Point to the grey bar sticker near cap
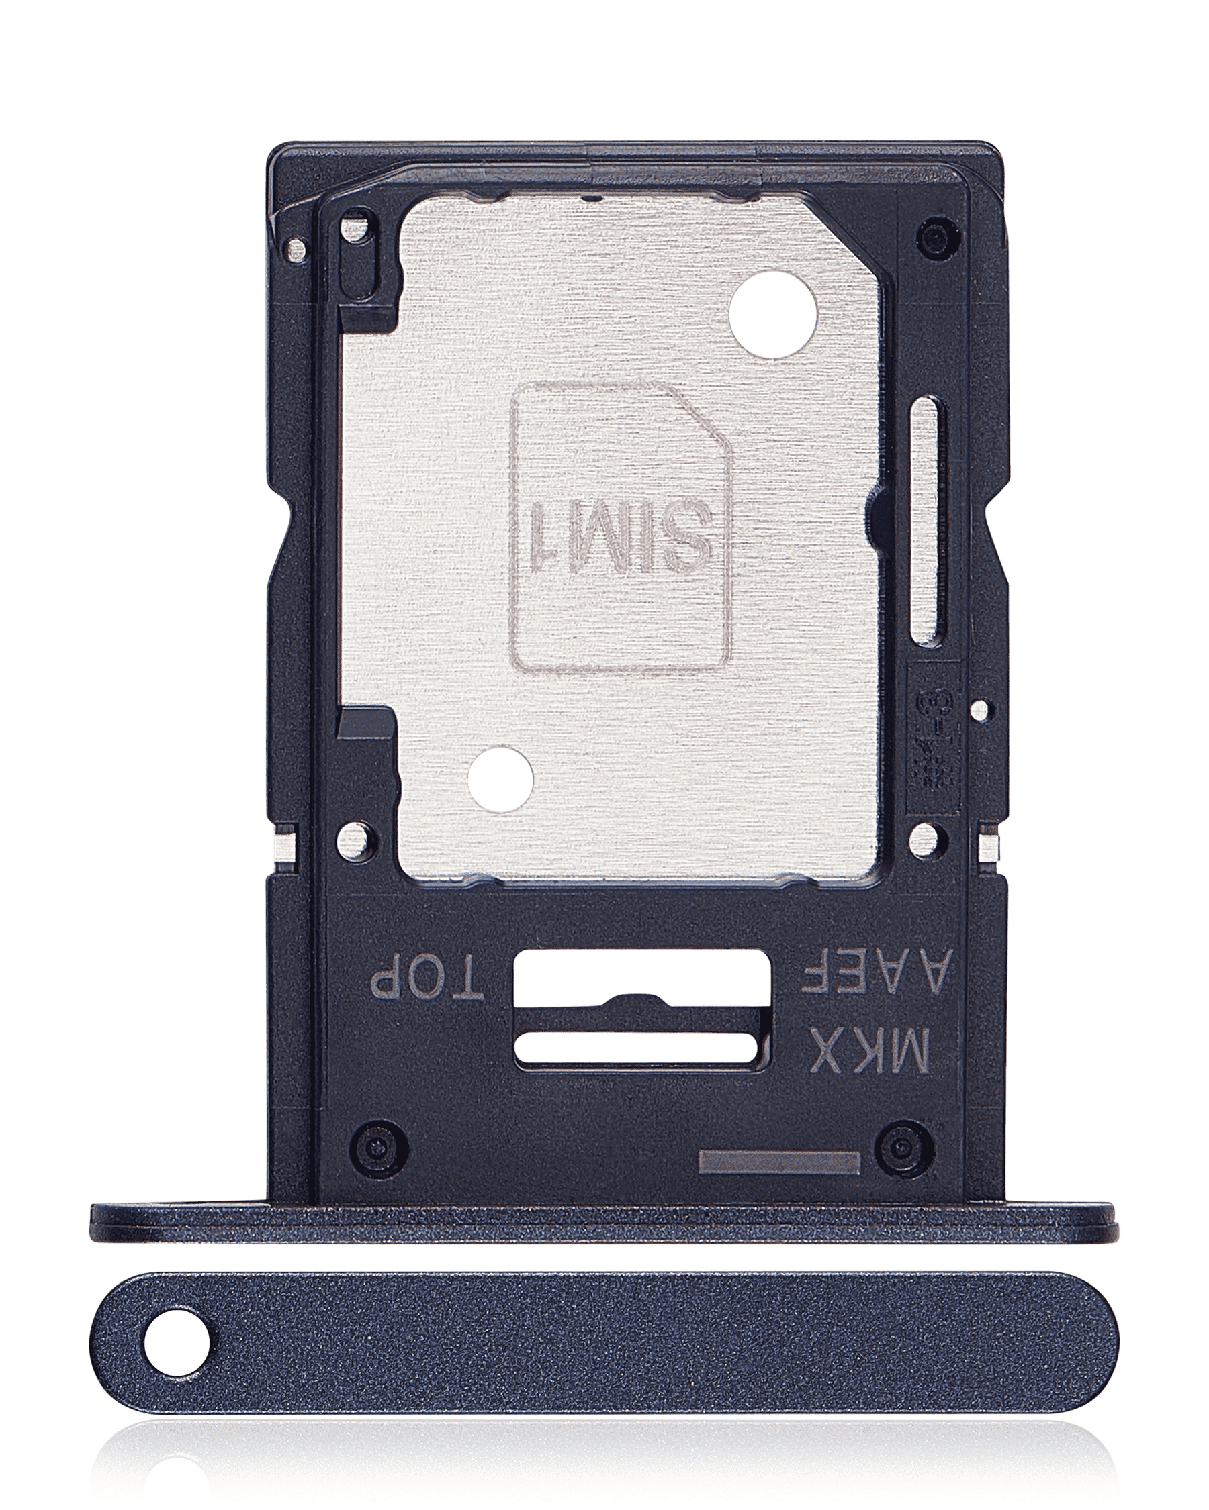tap(778, 1162)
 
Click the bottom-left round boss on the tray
tap(379, 1146)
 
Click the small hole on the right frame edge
tap(981, 710)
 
